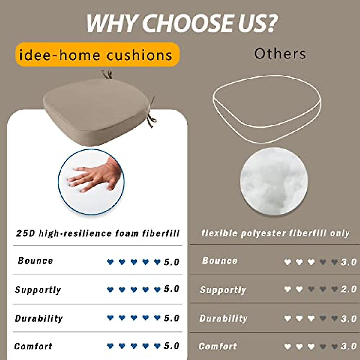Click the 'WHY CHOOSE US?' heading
coord(181,23)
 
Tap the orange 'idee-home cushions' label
coord(97,55)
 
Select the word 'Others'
coord(280,54)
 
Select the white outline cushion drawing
coord(267,108)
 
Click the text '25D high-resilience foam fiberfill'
coord(98,233)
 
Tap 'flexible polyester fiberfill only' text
coord(275,233)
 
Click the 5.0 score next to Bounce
coord(172,262)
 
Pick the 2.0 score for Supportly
coord(349,289)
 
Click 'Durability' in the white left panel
coord(39,318)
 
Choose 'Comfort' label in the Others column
coord(218,346)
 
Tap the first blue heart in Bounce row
coord(110,262)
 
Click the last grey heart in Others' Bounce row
coord(334,262)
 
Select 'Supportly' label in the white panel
coord(38,290)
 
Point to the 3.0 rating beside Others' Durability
coord(349,319)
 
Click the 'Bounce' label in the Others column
coord(220,261)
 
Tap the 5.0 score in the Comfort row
coord(172,346)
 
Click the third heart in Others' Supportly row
coord(311,289)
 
